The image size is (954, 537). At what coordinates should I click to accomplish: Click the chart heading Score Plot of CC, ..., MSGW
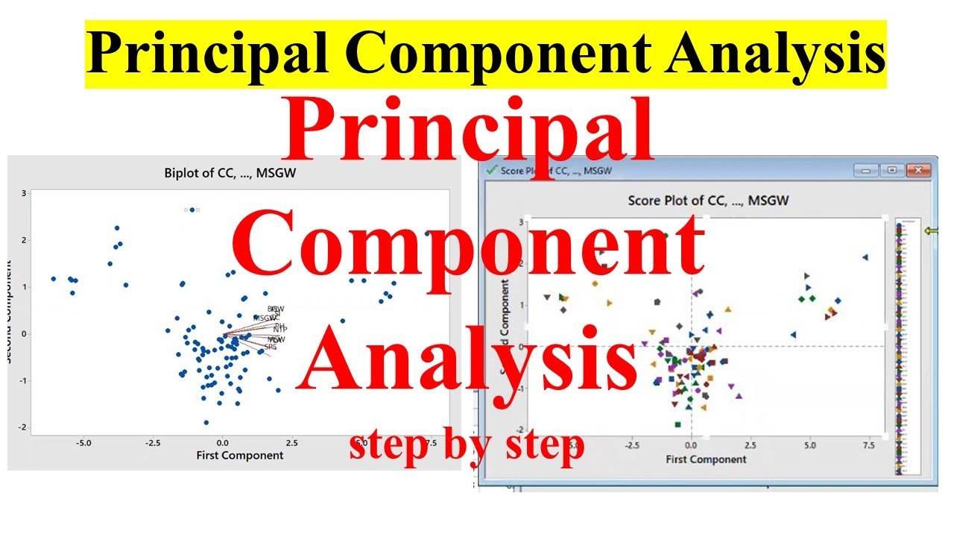pyautogui.click(x=708, y=200)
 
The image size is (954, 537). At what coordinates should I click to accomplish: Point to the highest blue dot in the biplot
pyautogui.click(x=192, y=210)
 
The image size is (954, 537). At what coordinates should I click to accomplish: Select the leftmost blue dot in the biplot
pyautogui.click(x=53, y=278)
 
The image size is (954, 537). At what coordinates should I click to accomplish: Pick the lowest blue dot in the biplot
pyautogui.click(x=206, y=422)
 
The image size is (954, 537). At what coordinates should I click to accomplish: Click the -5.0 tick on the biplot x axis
pyautogui.click(x=83, y=442)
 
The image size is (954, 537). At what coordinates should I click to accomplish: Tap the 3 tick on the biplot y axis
pyautogui.click(x=24, y=193)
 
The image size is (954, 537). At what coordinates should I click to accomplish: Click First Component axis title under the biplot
pyautogui.click(x=239, y=455)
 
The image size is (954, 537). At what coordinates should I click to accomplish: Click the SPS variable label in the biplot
pyautogui.click(x=271, y=347)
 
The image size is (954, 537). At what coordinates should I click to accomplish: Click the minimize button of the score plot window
pyautogui.click(x=865, y=171)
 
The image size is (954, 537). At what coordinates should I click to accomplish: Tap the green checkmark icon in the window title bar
pyautogui.click(x=491, y=170)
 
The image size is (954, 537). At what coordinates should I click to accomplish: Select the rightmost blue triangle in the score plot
pyautogui.click(x=865, y=257)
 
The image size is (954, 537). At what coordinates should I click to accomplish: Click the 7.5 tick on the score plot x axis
pyautogui.click(x=868, y=445)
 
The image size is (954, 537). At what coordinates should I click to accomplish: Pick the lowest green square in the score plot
pyautogui.click(x=677, y=424)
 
